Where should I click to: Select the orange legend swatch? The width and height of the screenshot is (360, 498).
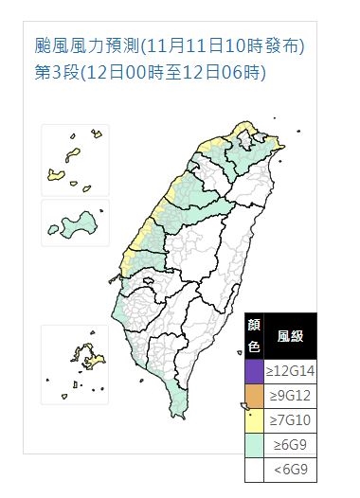point(253,391)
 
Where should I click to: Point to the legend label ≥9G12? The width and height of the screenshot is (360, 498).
point(290,391)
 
